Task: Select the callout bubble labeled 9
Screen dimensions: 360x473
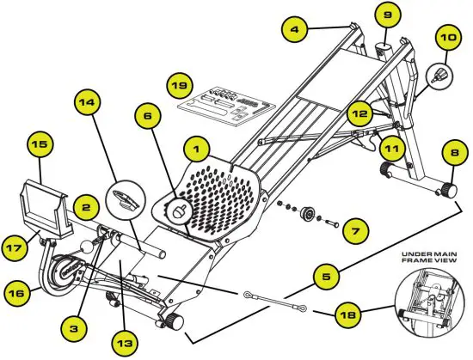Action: [386, 15]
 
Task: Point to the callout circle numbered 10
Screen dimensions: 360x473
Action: [448, 38]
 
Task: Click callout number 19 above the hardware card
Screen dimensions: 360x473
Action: [179, 86]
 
